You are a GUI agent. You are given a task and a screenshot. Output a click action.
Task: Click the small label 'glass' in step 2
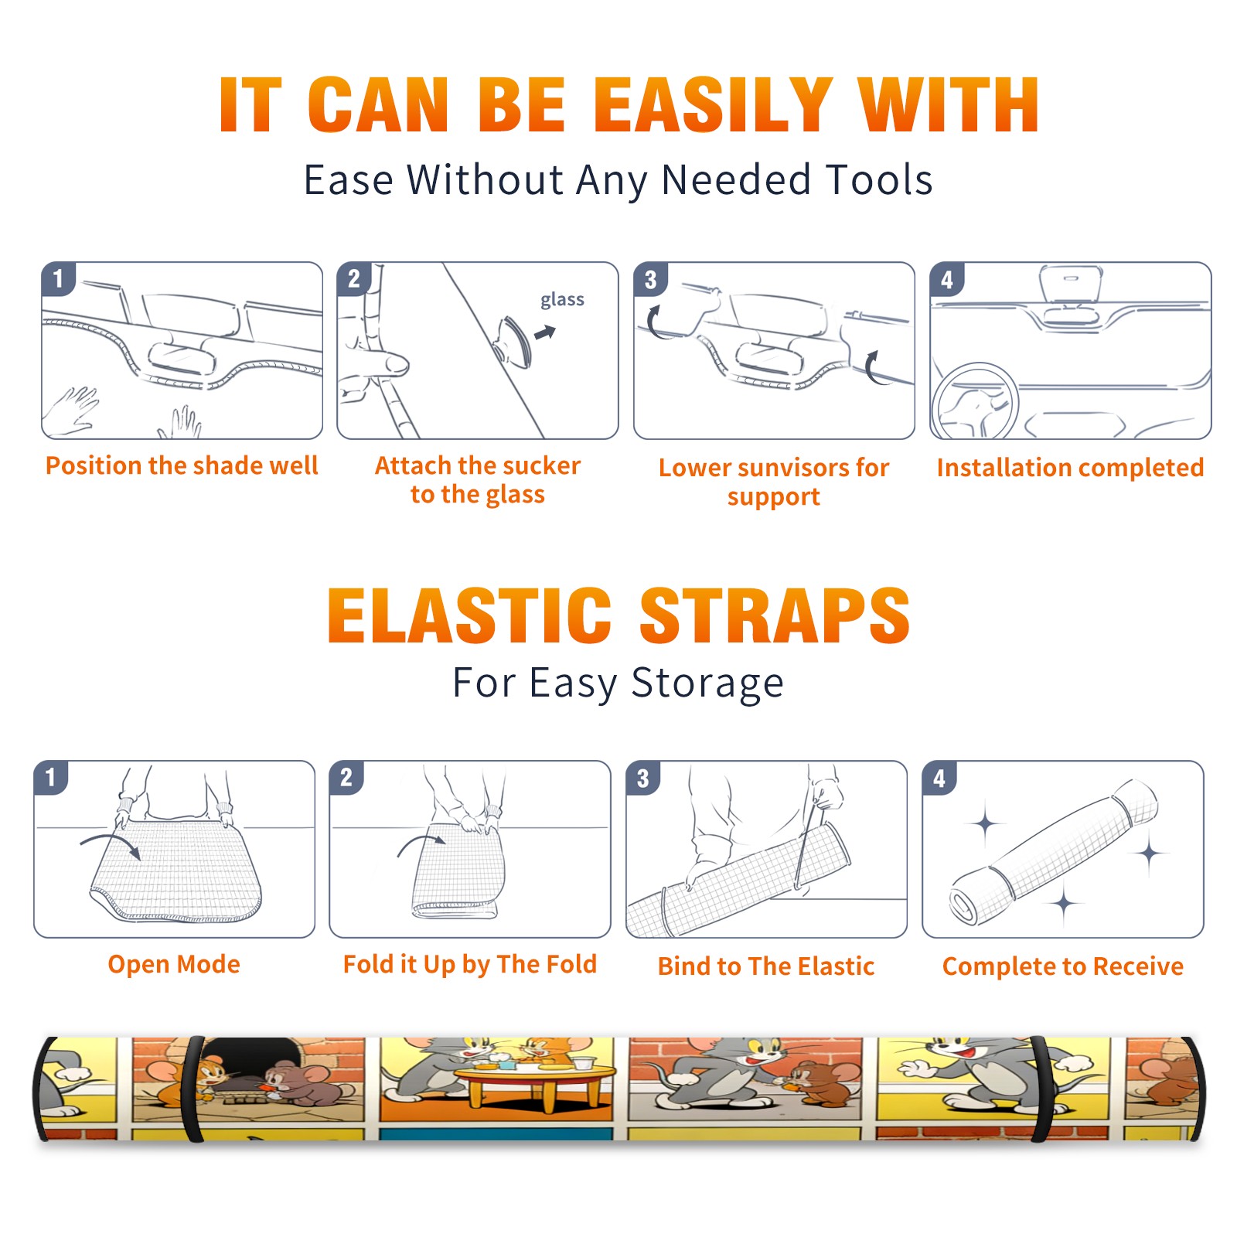562,300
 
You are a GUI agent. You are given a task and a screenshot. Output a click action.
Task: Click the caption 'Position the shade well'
182,465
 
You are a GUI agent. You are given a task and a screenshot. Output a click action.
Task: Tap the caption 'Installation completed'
1070,467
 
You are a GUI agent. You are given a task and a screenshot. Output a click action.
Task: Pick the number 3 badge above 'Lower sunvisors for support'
650,279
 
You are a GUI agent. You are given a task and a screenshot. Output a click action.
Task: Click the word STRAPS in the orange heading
775,615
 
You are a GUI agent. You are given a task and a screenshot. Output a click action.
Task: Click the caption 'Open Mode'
174,964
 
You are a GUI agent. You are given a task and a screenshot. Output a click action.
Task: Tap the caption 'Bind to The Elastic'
766,966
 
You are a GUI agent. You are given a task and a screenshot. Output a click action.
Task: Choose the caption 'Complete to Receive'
1063,966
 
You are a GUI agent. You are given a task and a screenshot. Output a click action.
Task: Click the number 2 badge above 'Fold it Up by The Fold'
346,777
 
